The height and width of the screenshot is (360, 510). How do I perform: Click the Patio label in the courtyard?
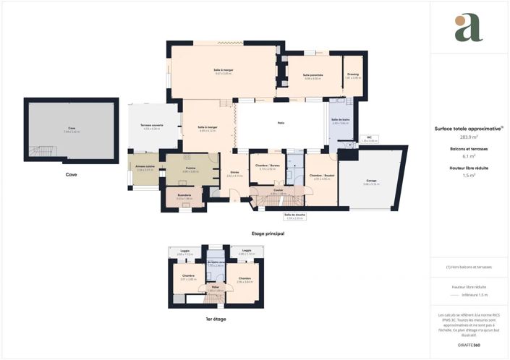point(281,124)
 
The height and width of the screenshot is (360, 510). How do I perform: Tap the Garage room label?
point(371,181)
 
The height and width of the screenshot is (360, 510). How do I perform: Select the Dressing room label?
point(352,74)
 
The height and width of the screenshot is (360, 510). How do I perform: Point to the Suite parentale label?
point(313,74)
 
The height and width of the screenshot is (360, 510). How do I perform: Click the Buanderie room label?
point(184,196)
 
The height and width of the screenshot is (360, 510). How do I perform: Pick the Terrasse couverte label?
point(151,126)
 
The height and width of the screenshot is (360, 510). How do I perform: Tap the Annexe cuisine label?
point(145,166)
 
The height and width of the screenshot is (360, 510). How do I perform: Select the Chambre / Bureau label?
point(266,166)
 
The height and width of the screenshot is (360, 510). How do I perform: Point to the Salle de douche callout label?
point(294,215)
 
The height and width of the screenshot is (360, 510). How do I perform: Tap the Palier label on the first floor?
point(216,287)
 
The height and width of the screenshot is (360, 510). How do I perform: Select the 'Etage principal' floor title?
point(268,233)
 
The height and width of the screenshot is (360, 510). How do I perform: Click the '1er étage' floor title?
point(216,318)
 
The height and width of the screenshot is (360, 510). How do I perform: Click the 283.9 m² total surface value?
point(468,137)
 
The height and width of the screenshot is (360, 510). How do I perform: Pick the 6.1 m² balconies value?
point(468,156)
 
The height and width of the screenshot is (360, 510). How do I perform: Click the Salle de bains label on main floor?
point(340,120)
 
